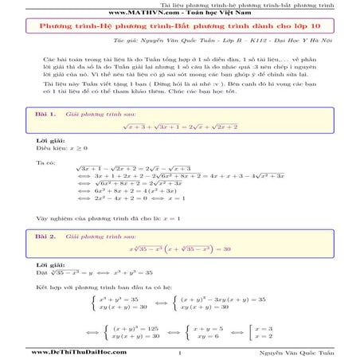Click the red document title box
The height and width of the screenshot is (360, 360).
[x=180, y=26]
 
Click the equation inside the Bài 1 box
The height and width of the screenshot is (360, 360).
[x=180, y=127]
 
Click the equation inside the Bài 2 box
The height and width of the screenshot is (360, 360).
[x=180, y=249]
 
